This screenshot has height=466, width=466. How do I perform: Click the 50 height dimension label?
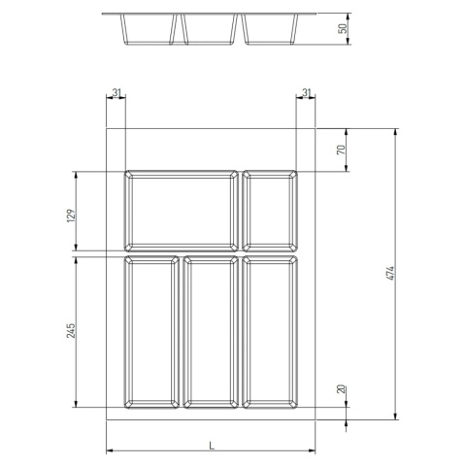(x=342, y=29)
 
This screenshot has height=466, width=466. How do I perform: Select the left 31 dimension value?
(x=116, y=92)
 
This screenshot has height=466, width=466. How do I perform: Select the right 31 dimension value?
(x=307, y=92)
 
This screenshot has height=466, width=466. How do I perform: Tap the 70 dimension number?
(x=342, y=150)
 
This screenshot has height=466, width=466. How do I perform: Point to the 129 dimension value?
(x=71, y=214)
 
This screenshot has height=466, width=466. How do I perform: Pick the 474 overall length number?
(x=389, y=275)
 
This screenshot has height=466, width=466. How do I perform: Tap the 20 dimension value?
(x=342, y=388)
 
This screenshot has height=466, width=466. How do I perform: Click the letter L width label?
(x=211, y=445)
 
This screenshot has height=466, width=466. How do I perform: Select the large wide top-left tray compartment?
(x=181, y=210)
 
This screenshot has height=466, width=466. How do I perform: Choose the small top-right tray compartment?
(x=271, y=210)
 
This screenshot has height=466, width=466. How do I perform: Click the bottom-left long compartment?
(x=150, y=331)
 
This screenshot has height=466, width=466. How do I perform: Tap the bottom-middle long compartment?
(x=210, y=331)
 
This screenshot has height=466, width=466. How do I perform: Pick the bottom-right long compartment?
(x=271, y=331)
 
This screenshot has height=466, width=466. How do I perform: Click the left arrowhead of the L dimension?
(x=109, y=451)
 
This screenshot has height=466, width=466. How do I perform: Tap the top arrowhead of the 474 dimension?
(x=396, y=131)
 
